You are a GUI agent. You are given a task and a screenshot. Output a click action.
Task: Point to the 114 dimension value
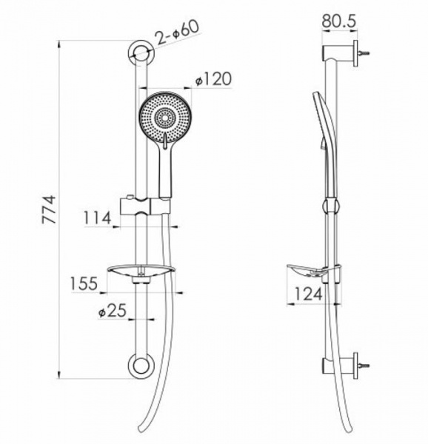click(97, 218)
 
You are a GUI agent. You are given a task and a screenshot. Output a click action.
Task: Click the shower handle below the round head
click(165, 170)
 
